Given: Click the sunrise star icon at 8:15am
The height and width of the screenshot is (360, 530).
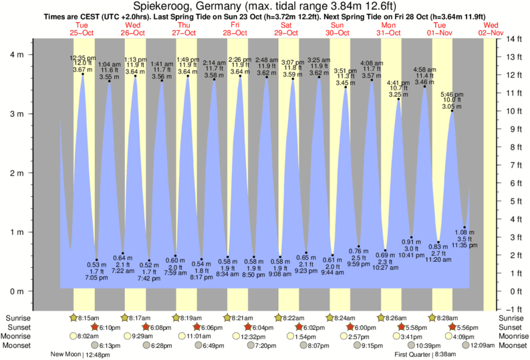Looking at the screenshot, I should tap(74, 318).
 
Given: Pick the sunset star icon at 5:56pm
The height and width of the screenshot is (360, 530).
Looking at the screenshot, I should tap(452, 327).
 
